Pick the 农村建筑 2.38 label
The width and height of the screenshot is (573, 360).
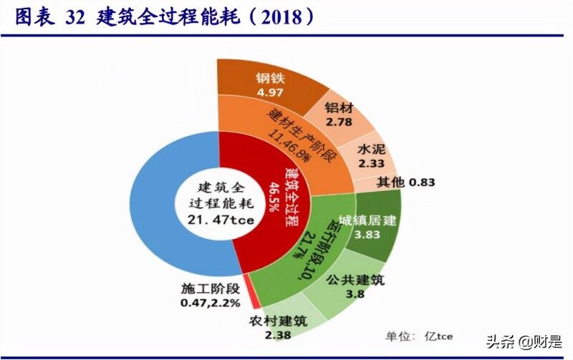276,329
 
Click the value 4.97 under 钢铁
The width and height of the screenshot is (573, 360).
271,92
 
